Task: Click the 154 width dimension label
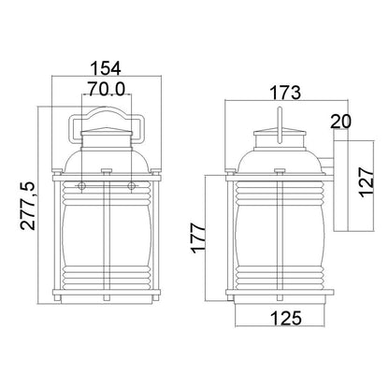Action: [x=106, y=68]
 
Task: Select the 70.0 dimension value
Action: [x=106, y=89]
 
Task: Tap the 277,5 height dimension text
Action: [x=28, y=206]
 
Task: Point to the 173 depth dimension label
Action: [x=285, y=93]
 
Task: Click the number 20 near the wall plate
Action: [x=340, y=122]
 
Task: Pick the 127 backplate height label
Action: [x=367, y=182]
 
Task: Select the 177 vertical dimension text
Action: [x=198, y=238]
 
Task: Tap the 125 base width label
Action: [x=286, y=318]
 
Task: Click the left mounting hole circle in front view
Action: [x=81, y=186]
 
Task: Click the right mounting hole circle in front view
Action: [x=132, y=186]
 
